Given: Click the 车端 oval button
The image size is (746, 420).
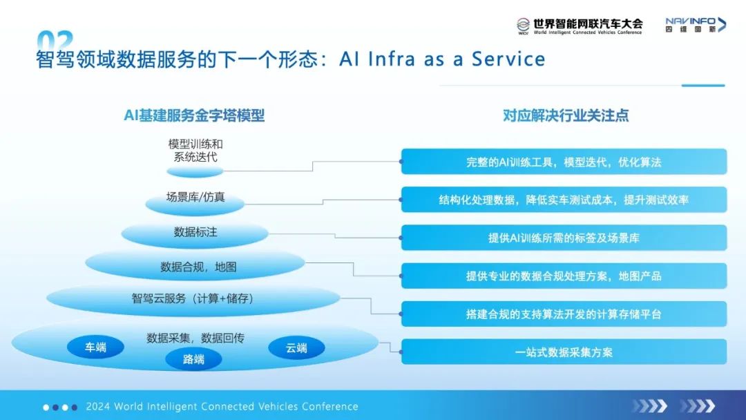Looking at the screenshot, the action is point(95,347).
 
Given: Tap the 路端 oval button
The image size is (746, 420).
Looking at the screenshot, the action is point(193,359).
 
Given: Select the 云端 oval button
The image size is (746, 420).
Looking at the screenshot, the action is point(296,347).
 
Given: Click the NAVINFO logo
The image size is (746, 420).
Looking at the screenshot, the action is point(696,25).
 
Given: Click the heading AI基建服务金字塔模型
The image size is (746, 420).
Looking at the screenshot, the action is point(194,115).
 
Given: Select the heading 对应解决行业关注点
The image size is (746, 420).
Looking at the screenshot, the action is point(566,115).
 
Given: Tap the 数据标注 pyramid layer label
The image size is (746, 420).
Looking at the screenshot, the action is point(195,232).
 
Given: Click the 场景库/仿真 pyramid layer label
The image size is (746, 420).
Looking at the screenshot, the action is point(195,197).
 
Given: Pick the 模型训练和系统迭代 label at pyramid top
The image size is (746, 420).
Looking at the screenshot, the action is point(195,151).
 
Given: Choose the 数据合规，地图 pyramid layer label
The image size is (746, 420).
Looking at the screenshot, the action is point(198,267).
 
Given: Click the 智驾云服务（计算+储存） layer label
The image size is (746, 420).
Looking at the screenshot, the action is point(193,298).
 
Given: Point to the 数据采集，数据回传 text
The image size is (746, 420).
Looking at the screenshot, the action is point(195,338).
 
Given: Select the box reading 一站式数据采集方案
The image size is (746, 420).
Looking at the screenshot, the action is point(564,352).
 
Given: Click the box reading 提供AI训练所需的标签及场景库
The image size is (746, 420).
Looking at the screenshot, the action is point(564,238).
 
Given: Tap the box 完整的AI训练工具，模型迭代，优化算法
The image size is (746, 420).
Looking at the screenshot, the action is point(564,162).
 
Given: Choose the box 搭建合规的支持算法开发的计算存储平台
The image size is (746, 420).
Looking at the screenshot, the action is point(564,314).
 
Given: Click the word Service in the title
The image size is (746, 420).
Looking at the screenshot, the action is point(508,59).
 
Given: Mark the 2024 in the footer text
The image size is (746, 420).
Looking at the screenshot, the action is point(97,407).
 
